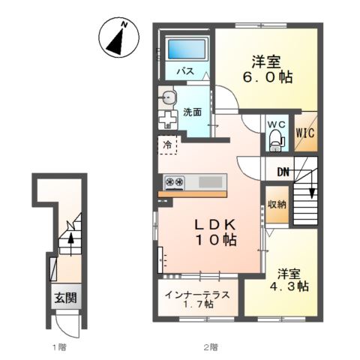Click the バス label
tap(186, 71)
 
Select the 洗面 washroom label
tap(193, 112)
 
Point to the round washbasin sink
tap(167, 97)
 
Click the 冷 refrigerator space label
tap(166, 145)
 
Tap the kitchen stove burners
tap(175, 181)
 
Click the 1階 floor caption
tap(59, 347)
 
